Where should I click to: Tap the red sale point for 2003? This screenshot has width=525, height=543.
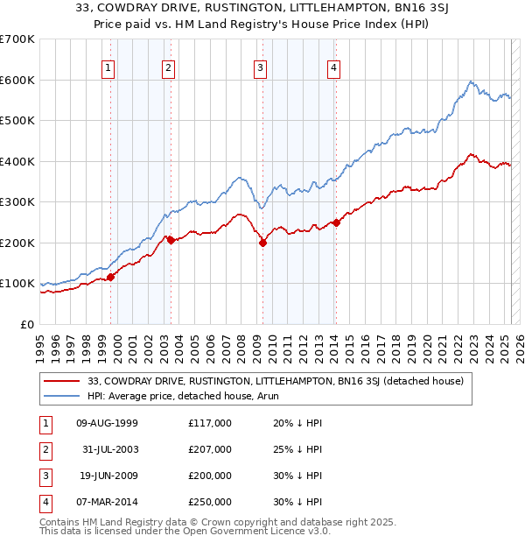point(171,240)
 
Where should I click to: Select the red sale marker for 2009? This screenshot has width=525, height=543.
point(262,243)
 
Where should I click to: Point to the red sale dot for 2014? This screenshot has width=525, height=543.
point(336,222)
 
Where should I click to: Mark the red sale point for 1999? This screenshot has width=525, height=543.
point(111,277)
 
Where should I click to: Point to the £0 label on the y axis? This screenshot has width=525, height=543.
point(26,324)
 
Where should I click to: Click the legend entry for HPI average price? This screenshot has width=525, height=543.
point(166,395)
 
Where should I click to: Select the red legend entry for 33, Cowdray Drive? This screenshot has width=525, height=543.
point(280,381)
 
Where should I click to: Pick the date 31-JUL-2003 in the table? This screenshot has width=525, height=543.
point(108,449)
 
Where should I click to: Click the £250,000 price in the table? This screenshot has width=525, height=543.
point(209,502)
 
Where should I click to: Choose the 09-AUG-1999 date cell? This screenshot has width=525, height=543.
point(108,423)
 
